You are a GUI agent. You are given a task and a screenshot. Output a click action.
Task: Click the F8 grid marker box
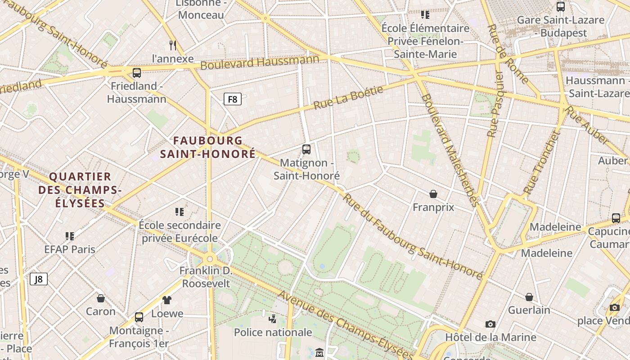pyautogui.click(x=233, y=99)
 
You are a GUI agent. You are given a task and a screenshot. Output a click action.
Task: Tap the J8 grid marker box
pyautogui.click(x=39, y=279)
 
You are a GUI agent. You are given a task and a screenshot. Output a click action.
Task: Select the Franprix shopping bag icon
pyautogui.click(x=433, y=194)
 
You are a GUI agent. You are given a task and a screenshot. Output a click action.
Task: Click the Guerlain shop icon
pyautogui.click(x=529, y=297)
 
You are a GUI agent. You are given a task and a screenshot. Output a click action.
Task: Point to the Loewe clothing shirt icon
pyautogui.click(x=167, y=300)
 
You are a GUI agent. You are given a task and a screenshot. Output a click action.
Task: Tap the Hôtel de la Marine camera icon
pyautogui.click(x=490, y=324)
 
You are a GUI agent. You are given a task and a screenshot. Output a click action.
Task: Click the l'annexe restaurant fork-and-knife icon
pyautogui.click(x=172, y=45)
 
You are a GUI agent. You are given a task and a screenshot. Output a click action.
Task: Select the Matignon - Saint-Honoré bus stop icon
pyautogui.click(x=306, y=149)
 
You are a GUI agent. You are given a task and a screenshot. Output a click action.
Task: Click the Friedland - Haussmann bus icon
pyautogui.click(x=137, y=72)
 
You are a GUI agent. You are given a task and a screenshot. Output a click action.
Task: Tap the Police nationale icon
pyautogui.click(x=272, y=319)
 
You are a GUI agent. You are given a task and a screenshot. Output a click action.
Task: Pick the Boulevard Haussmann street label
pyautogui.click(x=260, y=62)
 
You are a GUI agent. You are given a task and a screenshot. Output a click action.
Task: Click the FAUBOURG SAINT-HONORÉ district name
pyautogui.click(x=208, y=147)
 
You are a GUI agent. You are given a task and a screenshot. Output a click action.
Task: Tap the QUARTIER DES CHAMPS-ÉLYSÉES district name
pyautogui.click(x=80, y=189)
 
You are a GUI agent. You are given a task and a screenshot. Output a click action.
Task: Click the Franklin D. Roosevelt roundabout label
pyautogui.click(x=206, y=277)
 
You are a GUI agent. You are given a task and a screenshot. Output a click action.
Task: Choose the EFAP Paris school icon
pyautogui.click(x=70, y=236)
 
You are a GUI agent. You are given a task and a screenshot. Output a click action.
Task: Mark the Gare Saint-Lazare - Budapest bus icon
pyautogui.click(x=561, y=7)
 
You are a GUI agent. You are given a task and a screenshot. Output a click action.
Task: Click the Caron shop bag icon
pyautogui.click(x=101, y=298)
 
